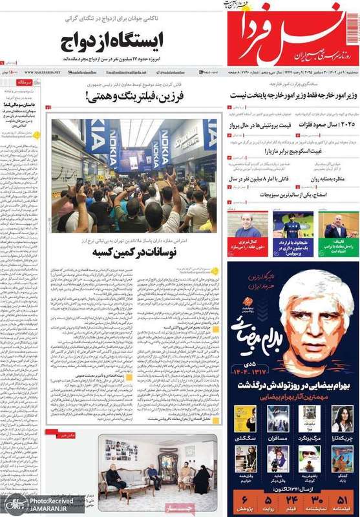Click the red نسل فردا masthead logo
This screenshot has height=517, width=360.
tap(294, 34)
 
